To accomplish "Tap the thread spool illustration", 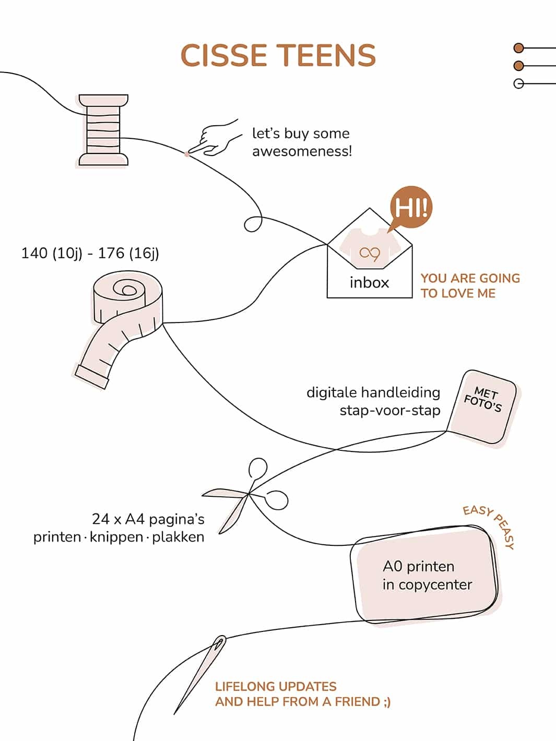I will click(x=103, y=130).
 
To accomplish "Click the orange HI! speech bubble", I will click(x=411, y=208).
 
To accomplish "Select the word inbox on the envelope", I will click(x=369, y=282).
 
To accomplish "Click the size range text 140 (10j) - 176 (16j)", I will click(x=90, y=253).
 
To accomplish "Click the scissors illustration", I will click(x=245, y=496).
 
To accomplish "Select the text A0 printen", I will click(x=418, y=566).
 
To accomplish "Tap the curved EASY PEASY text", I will click(x=491, y=524).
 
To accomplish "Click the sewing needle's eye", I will click(x=220, y=642).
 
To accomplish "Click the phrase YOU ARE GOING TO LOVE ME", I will click(x=470, y=285).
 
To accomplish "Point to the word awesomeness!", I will click(x=302, y=151).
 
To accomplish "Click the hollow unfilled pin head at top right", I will click(x=518, y=83).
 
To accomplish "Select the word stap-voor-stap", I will click(x=389, y=410).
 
